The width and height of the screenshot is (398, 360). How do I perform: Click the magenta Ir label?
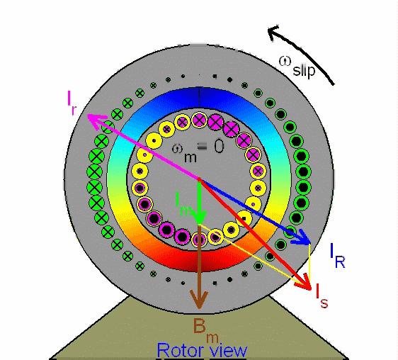click(x=72, y=102)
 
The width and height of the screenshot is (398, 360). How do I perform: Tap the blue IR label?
click(x=338, y=256)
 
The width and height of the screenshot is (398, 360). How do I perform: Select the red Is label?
click(x=322, y=296)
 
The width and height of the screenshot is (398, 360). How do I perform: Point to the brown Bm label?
click(x=205, y=330)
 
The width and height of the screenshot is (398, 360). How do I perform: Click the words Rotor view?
click(x=202, y=351)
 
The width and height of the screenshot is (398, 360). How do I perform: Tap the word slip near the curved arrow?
click(x=304, y=70)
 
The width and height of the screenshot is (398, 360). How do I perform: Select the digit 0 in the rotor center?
click(x=219, y=146)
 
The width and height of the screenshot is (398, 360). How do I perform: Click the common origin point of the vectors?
click(x=200, y=179)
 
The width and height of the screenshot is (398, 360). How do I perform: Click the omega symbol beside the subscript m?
click(x=177, y=148)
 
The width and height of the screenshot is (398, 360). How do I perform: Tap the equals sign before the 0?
click(x=202, y=147)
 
